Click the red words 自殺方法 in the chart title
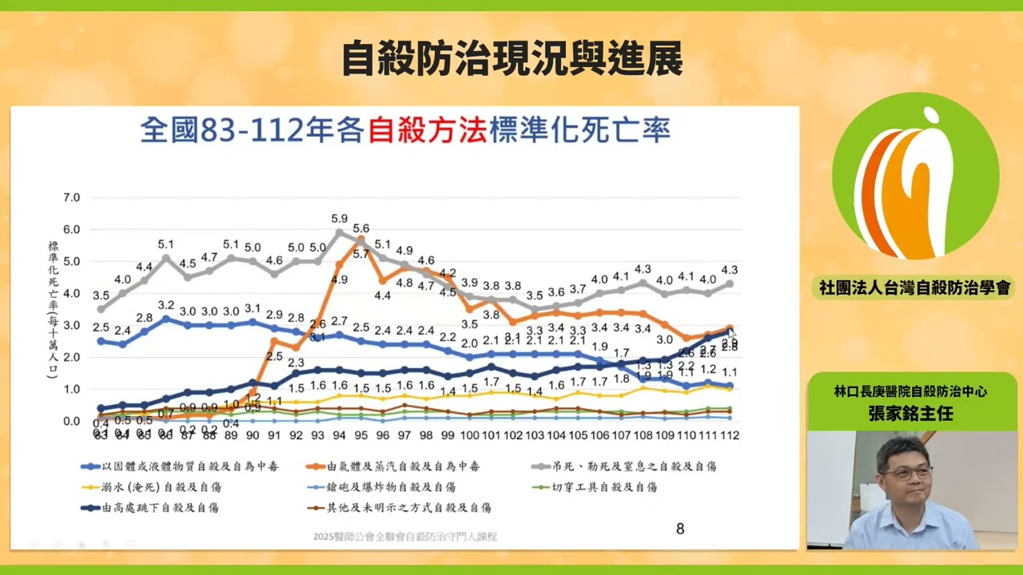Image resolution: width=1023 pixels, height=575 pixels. point(428,129)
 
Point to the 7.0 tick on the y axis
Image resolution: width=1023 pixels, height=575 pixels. point(71,197)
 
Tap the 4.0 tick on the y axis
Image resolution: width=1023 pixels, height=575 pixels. point(71,293)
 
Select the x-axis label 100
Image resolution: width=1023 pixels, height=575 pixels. point(470,436)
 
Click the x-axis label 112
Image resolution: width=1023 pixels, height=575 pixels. point(729,436)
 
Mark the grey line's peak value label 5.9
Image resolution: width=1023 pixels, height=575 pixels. point(340,218)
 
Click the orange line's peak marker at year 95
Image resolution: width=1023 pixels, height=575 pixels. point(361,239)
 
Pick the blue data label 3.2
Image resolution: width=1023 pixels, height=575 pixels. point(166,305)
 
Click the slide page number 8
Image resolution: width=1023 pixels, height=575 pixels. point(680,529)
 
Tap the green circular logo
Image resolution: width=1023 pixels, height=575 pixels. point(915,176)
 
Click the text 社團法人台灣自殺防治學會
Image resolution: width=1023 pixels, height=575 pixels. point(914,287)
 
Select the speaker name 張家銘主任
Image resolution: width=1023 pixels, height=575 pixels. point(914,414)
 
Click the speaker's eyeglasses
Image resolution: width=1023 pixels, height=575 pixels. point(907,473)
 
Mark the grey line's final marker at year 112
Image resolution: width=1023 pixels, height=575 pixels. point(729,284)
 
